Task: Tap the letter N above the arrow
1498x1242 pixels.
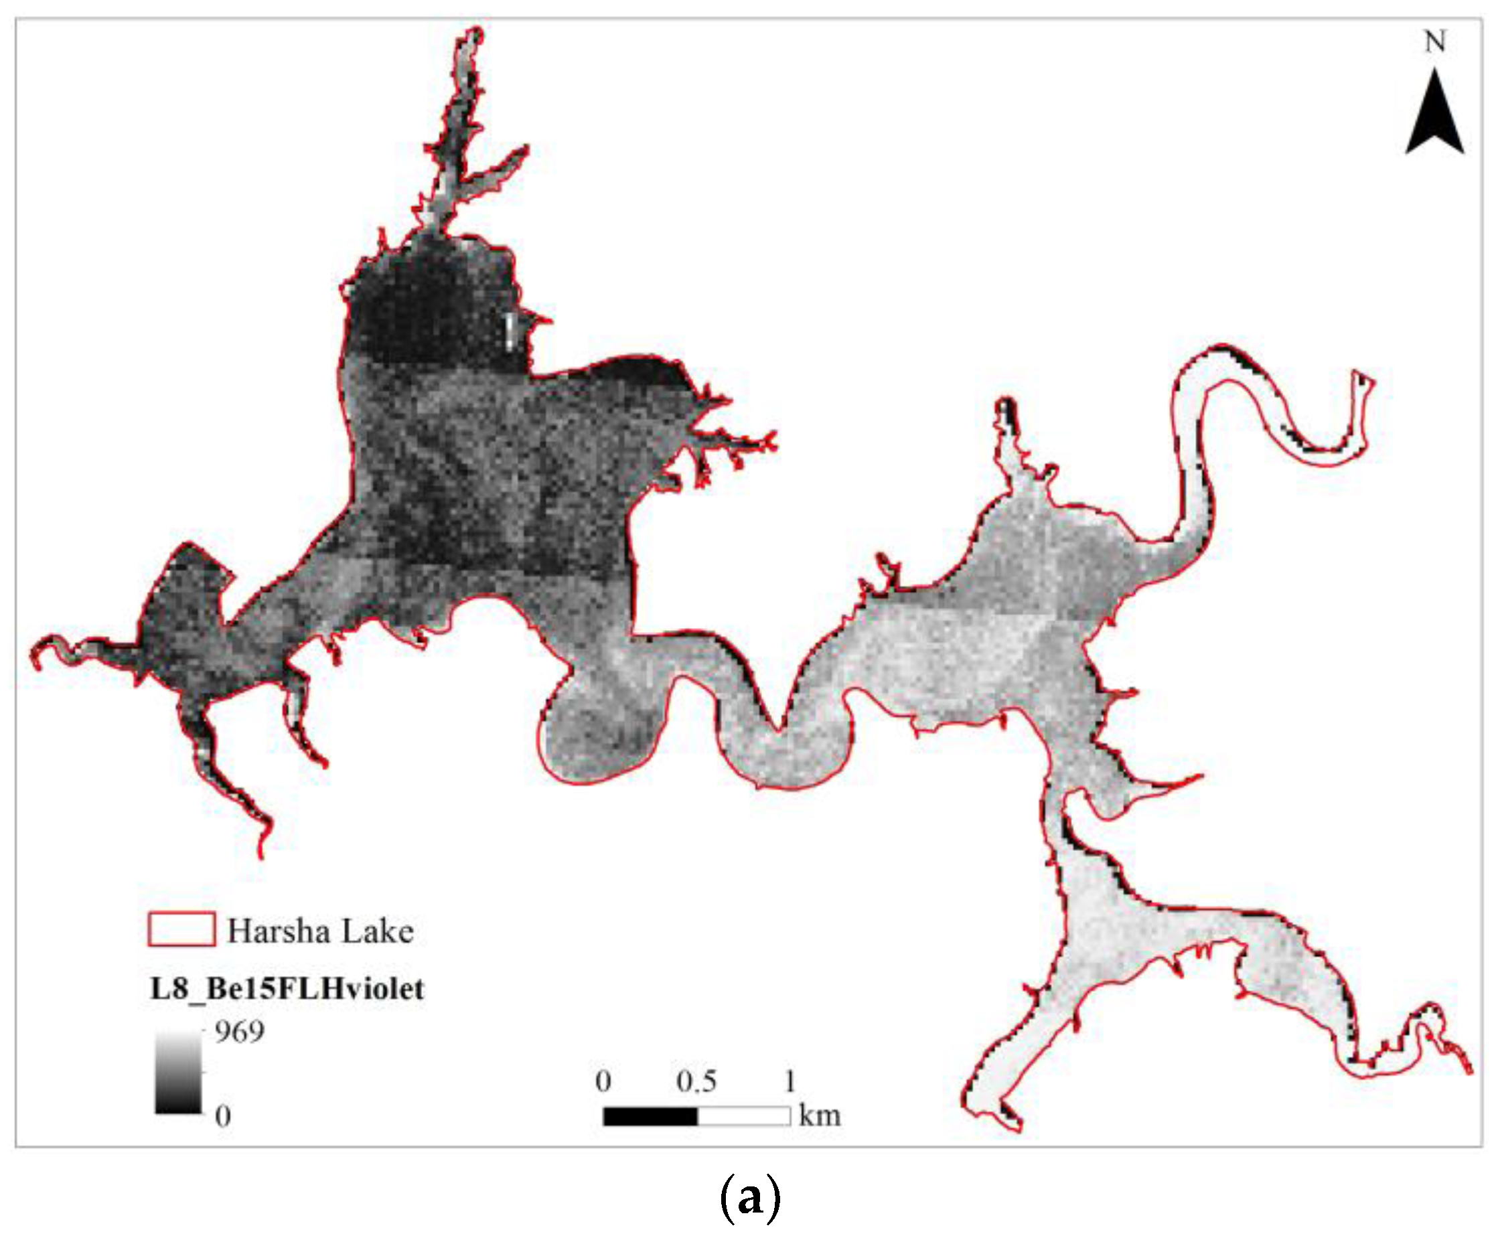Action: click(1435, 42)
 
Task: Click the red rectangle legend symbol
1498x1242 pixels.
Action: click(181, 929)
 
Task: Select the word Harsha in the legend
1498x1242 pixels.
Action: click(279, 931)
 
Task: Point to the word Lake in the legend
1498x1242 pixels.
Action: click(378, 931)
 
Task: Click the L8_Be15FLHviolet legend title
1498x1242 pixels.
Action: click(287, 989)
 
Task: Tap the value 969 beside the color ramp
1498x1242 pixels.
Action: click(240, 1032)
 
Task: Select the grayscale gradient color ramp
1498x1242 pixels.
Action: click(178, 1071)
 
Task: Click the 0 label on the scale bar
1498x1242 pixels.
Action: click(603, 1081)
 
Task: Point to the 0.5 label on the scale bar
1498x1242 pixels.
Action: click(696, 1081)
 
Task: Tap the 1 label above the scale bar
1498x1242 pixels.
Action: click(790, 1081)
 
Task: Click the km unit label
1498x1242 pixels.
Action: click(820, 1115)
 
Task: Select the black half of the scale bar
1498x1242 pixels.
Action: click(650, 1115)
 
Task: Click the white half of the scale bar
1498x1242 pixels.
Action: click(743, 1115)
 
